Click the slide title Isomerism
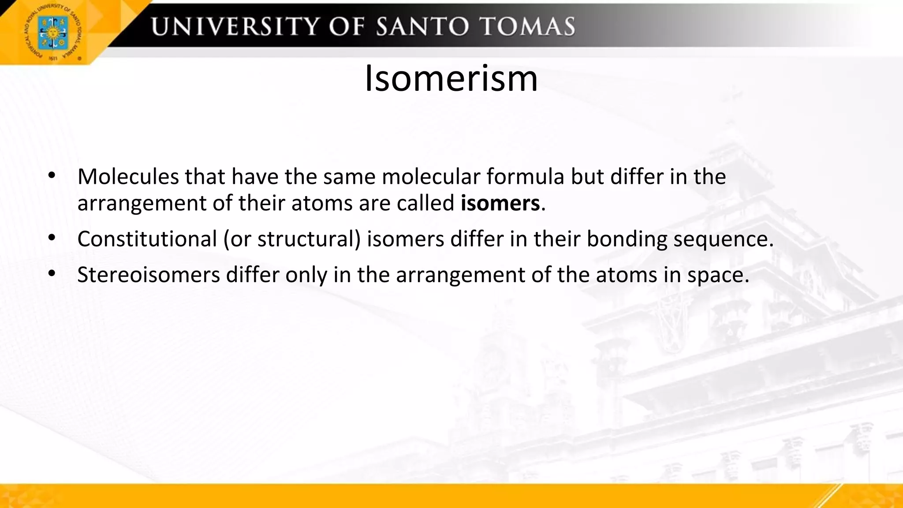451,78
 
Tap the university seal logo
52,32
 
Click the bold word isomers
500,203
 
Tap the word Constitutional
147,239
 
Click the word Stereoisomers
149,275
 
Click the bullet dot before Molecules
52,176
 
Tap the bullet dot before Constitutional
52,238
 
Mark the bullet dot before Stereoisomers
52,274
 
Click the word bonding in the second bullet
627,239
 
